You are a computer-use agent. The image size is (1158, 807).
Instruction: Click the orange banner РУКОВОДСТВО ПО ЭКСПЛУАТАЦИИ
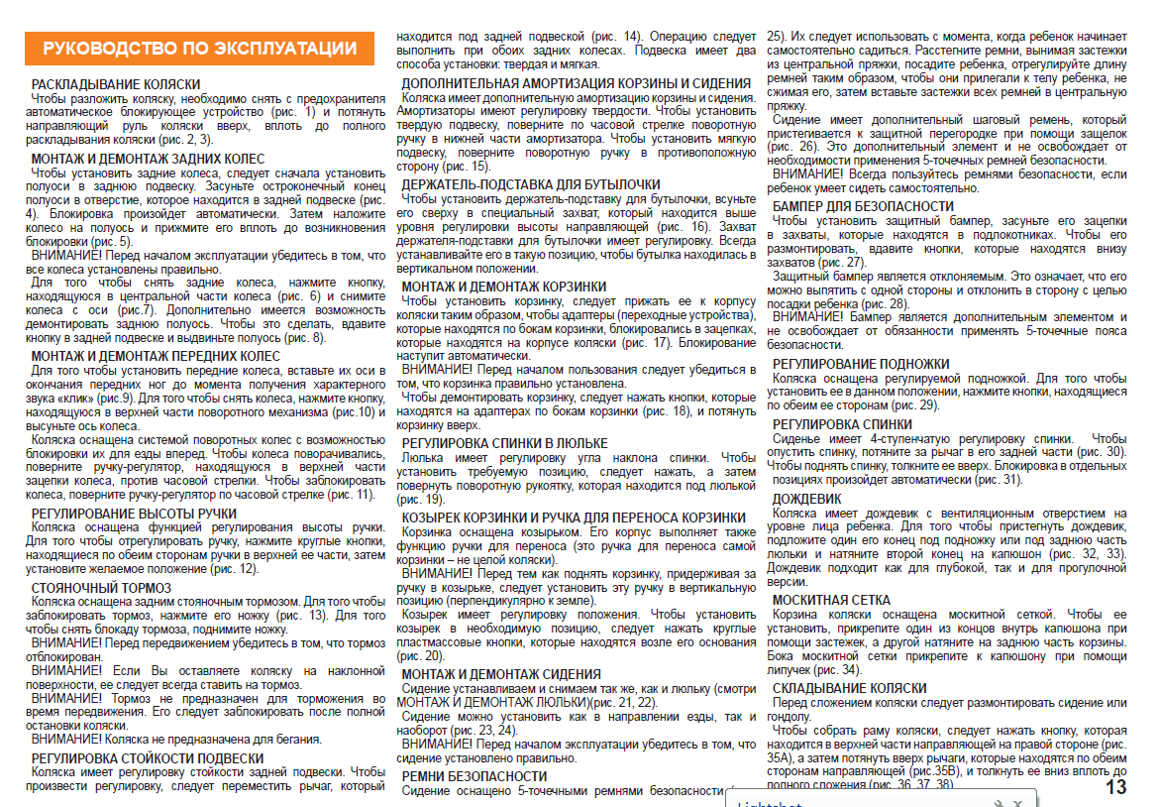pos(199,49)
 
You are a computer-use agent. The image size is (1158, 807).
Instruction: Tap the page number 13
pos(1116,788)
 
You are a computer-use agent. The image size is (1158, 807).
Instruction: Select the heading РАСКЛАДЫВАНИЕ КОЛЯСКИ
pos(116,84)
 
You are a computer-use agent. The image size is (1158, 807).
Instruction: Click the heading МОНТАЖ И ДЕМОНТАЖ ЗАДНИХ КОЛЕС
pos(149,159)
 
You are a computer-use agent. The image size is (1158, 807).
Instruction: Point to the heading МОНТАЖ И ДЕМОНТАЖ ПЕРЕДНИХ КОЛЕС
pos(156,356)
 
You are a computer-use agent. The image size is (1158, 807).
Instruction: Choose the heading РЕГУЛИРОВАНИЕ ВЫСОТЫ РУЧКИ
pos(134,514)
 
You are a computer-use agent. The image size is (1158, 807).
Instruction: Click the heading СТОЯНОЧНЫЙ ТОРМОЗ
pos(101,588)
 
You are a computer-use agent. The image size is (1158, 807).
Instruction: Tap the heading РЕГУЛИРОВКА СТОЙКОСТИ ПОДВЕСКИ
pos(147,758)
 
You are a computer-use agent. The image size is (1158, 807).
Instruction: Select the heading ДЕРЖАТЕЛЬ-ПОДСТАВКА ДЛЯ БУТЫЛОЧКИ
pos(531,184)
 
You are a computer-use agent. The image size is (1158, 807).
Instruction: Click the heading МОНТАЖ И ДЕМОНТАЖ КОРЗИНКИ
pos(504,287)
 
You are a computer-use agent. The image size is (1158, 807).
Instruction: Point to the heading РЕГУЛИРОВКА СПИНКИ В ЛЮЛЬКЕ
pos(505,443)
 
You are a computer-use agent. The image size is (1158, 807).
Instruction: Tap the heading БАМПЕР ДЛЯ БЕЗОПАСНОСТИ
pos(863,206)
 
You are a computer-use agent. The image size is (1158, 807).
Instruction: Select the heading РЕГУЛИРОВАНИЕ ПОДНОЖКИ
pos(861,364)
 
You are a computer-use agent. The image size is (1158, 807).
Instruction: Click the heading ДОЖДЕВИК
pos(806,498)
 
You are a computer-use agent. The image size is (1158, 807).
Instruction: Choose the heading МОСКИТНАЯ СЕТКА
pos(831,600)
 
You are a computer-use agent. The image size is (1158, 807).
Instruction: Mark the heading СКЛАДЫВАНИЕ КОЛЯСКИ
pos(849,687)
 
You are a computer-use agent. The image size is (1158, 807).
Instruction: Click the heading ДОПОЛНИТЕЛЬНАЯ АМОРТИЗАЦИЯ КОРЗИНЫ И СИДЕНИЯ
pos(576,83)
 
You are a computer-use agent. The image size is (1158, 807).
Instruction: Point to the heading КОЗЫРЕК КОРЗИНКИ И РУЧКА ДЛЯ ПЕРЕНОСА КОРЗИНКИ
pos(575,518)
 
